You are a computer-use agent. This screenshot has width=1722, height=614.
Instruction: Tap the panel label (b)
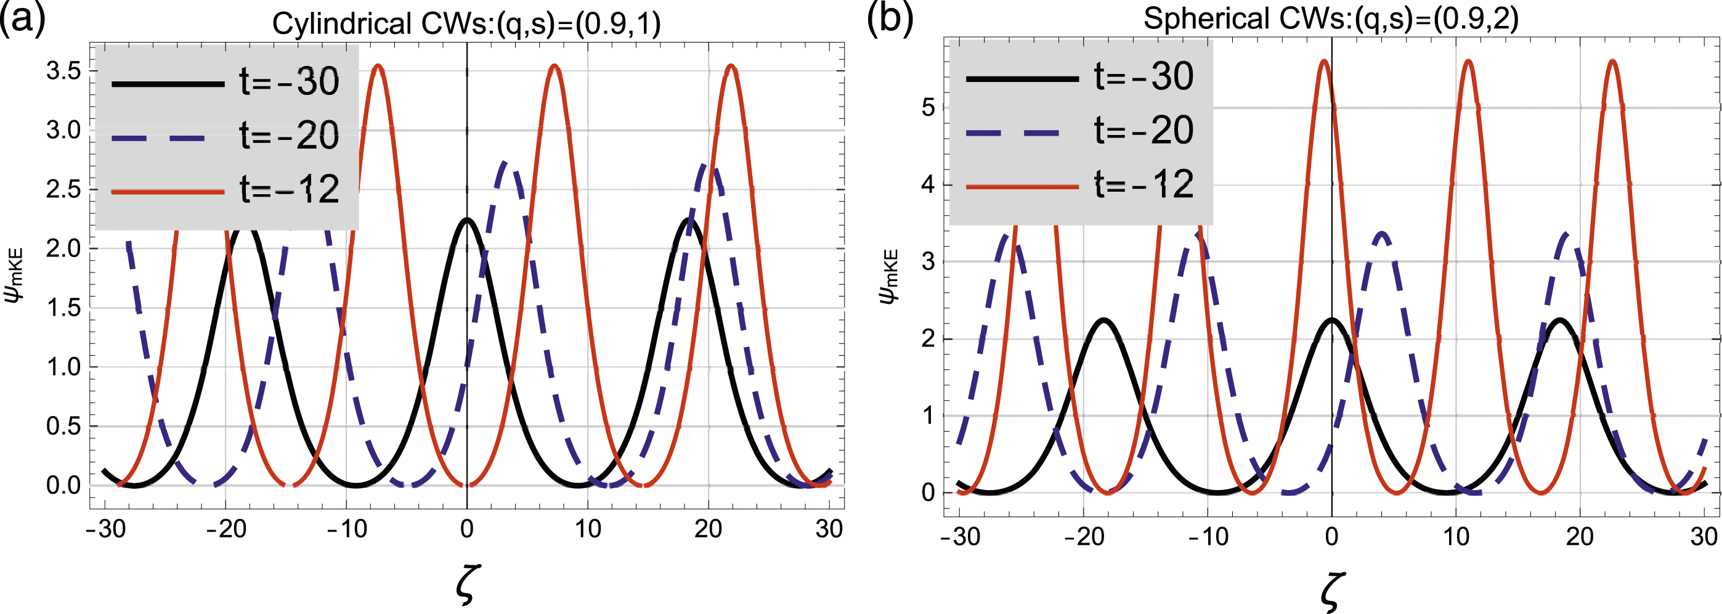point(889,18)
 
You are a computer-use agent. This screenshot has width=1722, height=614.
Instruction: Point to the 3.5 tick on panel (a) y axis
point(63,72)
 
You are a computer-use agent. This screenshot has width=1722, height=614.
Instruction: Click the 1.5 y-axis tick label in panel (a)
point(63,308)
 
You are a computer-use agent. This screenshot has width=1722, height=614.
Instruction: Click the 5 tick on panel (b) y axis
point(928,108)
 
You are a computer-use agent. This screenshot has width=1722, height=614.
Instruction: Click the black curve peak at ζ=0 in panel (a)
point(466,219)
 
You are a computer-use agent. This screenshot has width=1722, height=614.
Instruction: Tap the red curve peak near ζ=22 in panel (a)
point(731,65)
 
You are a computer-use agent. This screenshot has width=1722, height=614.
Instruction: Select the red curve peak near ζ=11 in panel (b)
point(1468,61)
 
